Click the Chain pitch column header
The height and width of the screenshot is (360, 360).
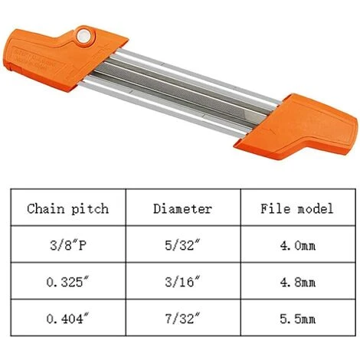point(67,208)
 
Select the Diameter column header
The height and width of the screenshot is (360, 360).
point(182,208)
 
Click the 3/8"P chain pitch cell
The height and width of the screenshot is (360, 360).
point(67,247)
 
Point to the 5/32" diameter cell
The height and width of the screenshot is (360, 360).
point(182,247)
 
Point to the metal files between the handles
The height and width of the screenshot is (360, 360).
point(184,88)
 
